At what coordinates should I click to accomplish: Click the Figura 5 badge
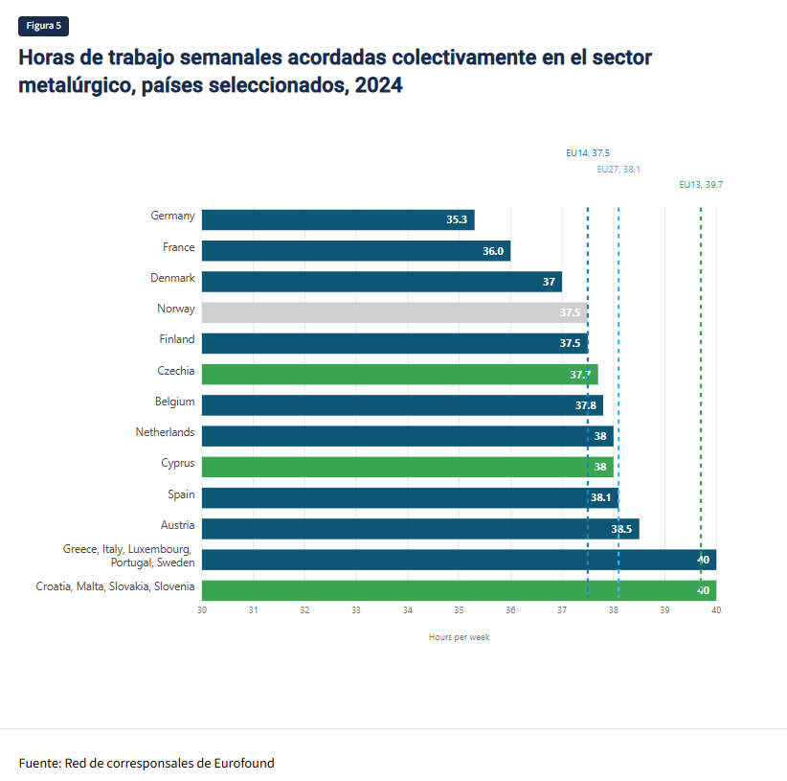click(x=43, y=26)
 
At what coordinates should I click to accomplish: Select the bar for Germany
click(x=337, y=219)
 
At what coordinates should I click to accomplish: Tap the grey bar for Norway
click(x=393, y=312)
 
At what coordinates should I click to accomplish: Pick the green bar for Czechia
click(x=398, y=374)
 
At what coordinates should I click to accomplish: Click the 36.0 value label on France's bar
click(x=493, y=251)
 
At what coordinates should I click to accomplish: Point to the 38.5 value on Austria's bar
click(x=621, y=529)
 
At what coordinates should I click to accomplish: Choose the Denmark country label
click(x=172, y=278)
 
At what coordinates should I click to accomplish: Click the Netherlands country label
click(x=165, y=432)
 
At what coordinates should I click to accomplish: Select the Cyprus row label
click(x=178, y=463)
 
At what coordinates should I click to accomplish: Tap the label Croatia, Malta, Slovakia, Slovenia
click(x=115, y=586)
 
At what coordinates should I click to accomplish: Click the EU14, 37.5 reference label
click(x=588, y=152)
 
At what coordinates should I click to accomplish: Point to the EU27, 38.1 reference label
click(x=618, y=169)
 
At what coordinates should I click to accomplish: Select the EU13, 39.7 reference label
click(x=701, y=185)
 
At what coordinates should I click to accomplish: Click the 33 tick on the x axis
click(x=356, y=610)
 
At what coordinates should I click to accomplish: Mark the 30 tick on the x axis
click(x=202, y=610)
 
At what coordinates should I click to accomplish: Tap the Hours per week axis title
click(x=459, y=637)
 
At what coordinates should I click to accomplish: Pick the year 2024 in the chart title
click(x=378, y=84)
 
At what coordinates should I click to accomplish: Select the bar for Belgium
click(x=402, y=405)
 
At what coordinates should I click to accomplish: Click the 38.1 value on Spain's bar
click(x=601, y=498)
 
